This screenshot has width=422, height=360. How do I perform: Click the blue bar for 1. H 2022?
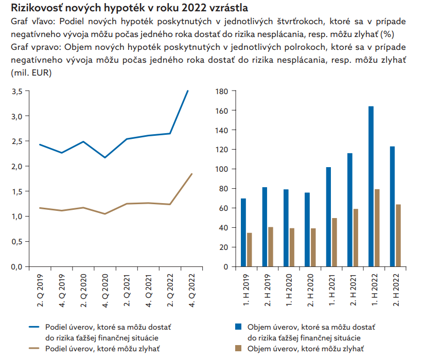[x=371, y=186]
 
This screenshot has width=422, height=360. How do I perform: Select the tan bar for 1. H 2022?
[x=377, y=228]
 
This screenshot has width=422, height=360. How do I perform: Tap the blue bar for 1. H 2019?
[x=243, y=232]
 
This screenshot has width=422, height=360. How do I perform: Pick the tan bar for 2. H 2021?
[x=355, y=238]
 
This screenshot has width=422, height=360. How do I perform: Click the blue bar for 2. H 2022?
[x=392, y=206]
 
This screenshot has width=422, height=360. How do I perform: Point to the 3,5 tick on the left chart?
[x=16, y=91]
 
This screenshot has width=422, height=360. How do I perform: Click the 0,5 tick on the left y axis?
[x=16, y=242]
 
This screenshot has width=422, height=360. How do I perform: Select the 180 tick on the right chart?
[x=222, y=91]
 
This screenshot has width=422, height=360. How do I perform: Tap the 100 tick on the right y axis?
[x=222, y=169]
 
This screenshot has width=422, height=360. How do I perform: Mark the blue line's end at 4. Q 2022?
[x=187, y=91]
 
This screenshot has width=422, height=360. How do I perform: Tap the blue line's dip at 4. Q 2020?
[x=105, y=157]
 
